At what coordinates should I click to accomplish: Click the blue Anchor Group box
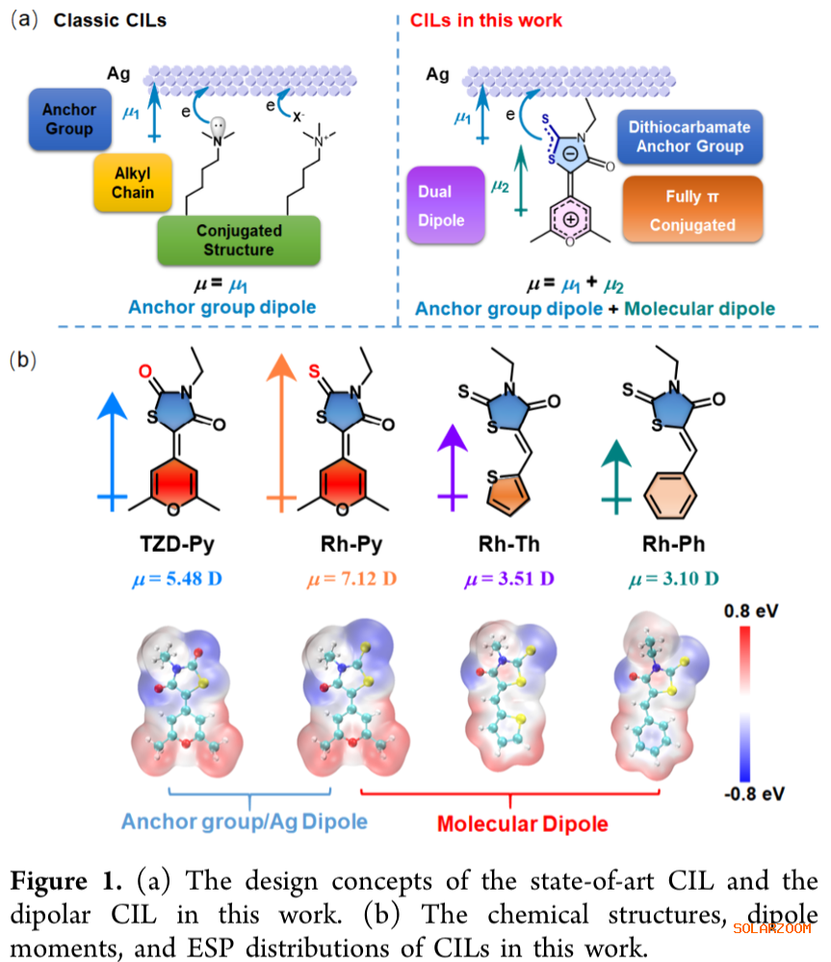click(69, 119)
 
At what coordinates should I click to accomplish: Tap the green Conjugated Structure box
click(239, 241)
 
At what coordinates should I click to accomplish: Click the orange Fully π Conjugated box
click(692, 210)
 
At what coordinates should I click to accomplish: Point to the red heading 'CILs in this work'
click(486, 20)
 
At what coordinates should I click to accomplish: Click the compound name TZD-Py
click(175, 544)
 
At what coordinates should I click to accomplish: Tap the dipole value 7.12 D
click(351, 580)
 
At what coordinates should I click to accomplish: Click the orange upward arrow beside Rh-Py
click(281, 433)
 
